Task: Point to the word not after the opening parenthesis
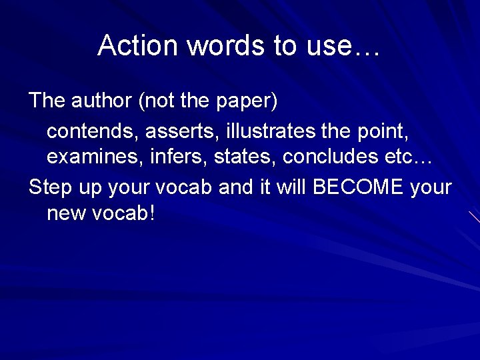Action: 160,101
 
